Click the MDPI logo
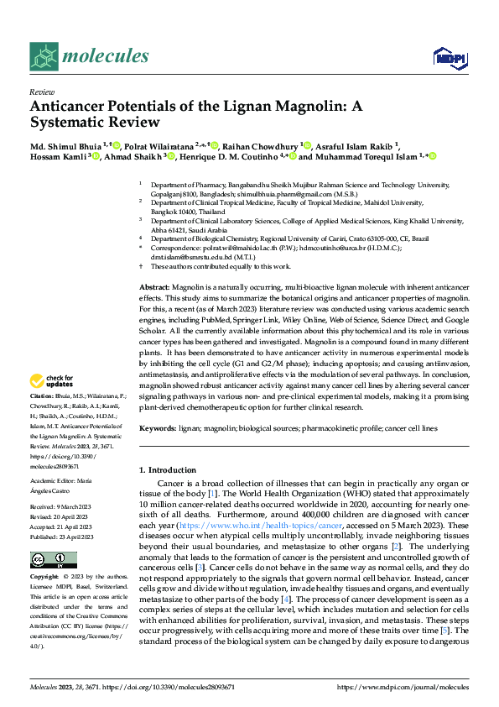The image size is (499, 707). pyautogui.click(x=449, y=57)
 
